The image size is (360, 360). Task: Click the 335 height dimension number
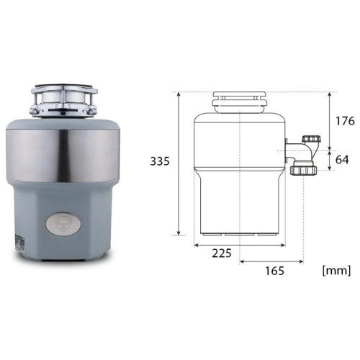pos(160,161)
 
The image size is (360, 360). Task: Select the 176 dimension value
pos(345,121)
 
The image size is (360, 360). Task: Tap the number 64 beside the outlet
pos(342,159)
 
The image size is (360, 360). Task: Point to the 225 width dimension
pos(222,253)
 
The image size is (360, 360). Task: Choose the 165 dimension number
pos(274,271)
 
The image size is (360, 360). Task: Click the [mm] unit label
pos(336,271)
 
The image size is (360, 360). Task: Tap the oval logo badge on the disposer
pos(63,224)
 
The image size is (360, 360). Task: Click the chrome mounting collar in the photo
pos(63,101)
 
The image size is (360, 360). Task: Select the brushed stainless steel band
pos(63,156)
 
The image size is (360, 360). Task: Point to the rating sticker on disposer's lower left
pos(19,243)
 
